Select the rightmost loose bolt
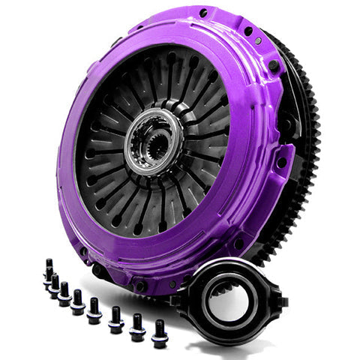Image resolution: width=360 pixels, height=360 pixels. coord(160,334)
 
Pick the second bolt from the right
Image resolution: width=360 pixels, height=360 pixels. coord(137,327)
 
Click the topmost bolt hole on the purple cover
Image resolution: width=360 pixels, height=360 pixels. coord(203,13)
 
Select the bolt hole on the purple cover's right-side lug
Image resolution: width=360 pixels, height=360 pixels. coord(280,161)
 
